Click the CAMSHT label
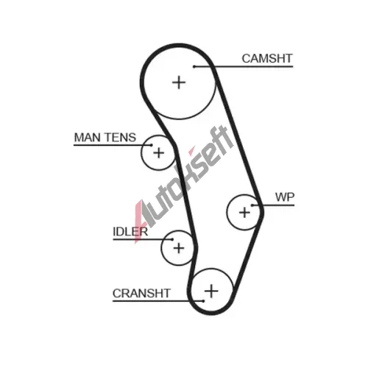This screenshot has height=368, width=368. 267,59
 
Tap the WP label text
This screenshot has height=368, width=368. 285,197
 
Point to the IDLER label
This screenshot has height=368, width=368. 130,232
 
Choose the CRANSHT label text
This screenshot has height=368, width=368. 141,294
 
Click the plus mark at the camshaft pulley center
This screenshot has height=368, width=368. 179,82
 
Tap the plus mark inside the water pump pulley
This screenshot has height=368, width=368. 244,213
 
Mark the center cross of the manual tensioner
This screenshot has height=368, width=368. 158,153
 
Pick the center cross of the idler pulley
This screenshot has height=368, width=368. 179,248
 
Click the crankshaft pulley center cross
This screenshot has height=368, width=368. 211,291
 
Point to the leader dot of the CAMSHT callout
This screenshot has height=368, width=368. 194,66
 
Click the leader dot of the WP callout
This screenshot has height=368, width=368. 252,205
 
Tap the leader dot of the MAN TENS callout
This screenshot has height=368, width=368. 151,145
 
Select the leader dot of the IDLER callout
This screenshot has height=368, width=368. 172,239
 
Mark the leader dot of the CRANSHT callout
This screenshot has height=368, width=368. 203,301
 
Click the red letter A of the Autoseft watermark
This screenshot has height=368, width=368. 140,219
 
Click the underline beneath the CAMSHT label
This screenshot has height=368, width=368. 244,66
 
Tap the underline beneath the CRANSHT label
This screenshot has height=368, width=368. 158,301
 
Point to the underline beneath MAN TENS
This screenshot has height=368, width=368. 113,145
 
